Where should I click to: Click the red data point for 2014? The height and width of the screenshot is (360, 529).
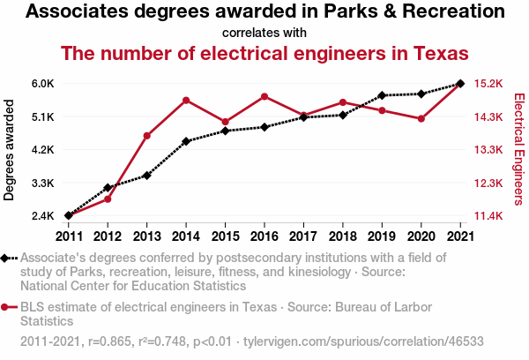pos(186,100)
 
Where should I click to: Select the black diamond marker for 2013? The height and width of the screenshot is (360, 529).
pos(146,176)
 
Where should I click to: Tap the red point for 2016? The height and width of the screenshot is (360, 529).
pos(264,96)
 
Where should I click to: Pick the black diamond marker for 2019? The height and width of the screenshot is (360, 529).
pos(382,95)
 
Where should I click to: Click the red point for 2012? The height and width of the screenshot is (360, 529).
pos(108,199)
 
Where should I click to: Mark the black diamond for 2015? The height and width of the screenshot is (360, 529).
pos(225,131)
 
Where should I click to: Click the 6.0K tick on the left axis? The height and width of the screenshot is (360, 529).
pos(43,84)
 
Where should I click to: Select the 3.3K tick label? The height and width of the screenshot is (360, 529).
pos(43,184)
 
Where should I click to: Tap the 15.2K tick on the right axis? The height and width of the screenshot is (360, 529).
pos(488,84)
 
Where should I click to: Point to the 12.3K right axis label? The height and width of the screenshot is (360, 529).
pos(488,184)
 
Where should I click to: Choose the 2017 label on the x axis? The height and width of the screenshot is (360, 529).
pos(303,236)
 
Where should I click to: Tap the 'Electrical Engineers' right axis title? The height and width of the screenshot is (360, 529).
pos(519,149)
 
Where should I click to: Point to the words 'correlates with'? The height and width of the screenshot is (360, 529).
pos(264,33)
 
